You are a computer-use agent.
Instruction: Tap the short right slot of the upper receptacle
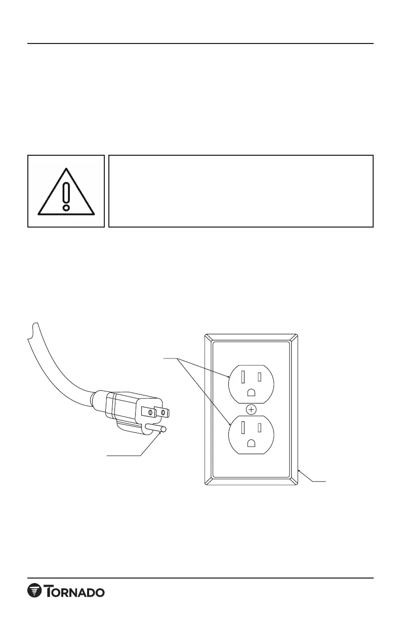pos(259,377)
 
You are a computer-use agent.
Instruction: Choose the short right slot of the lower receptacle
pos(259,428)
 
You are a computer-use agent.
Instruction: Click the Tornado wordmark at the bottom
pos(76,592)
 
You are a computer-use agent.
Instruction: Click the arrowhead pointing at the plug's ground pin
pos(158,435)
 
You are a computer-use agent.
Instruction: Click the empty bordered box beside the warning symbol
pos(241,191)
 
